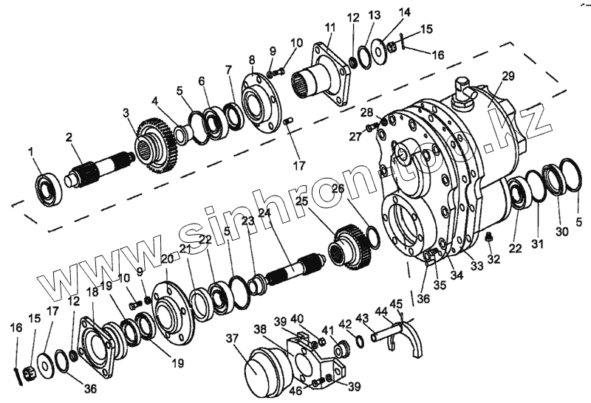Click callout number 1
coord(31,152)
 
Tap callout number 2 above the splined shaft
coord(69,137)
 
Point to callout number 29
coord(507,76)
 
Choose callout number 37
coord(233,339)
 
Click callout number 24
coord(264,213)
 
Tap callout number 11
coord(329,27)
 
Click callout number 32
coord(493,258)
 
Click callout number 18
coord(92,292)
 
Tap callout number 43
coord(362,317)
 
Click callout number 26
coord(338,189)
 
